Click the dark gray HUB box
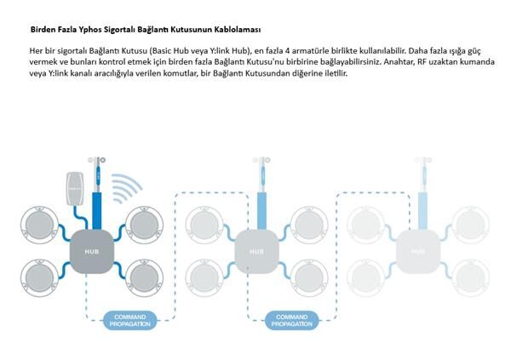coord(92,252)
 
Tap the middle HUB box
coord(257,252)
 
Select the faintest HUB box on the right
coord(418,252)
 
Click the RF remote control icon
coord(75,189)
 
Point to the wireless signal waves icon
coord(126,188)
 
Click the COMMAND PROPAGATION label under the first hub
coord(130,320)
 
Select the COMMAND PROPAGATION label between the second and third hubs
coord(291,320)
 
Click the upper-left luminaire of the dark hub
coord(40,225)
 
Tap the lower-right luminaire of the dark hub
coord(144,278)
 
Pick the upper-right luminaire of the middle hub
coord(309,225)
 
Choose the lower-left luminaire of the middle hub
coord(204,278)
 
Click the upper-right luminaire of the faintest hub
coord(471,225)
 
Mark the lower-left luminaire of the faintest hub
coord(366,278)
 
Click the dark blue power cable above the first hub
coord(97,211)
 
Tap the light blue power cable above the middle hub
coord(261,211)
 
